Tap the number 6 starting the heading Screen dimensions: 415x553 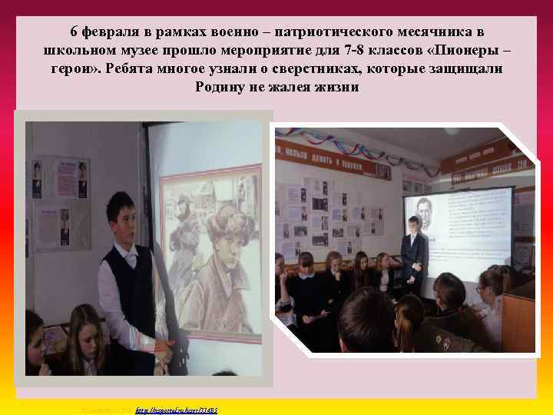pyautogui.click(x=74, y=32)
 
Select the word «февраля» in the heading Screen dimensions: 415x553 pyautogui.click(x=112, y=32)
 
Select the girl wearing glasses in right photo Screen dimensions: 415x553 pyautogui.click(x=485, y=295)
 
